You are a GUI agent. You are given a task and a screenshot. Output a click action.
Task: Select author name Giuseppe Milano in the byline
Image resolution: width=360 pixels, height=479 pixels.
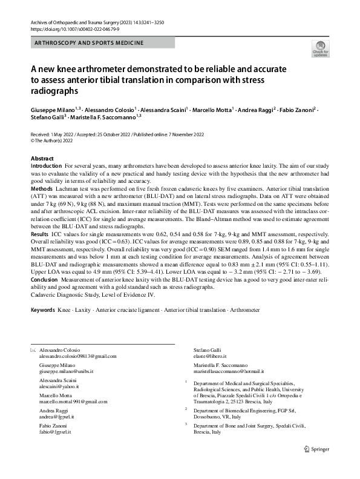pyautogui.click(x=51, y=109)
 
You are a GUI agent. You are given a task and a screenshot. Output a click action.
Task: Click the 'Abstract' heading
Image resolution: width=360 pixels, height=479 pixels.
pyautogui.click(x=42, y=158)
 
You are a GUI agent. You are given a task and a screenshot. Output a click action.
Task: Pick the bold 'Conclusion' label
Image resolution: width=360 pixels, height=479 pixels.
pyautogui.click(x=46, y=279)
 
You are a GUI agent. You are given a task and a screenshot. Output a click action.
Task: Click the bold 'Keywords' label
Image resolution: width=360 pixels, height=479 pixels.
pyautogui.click(x=43, y=309)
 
